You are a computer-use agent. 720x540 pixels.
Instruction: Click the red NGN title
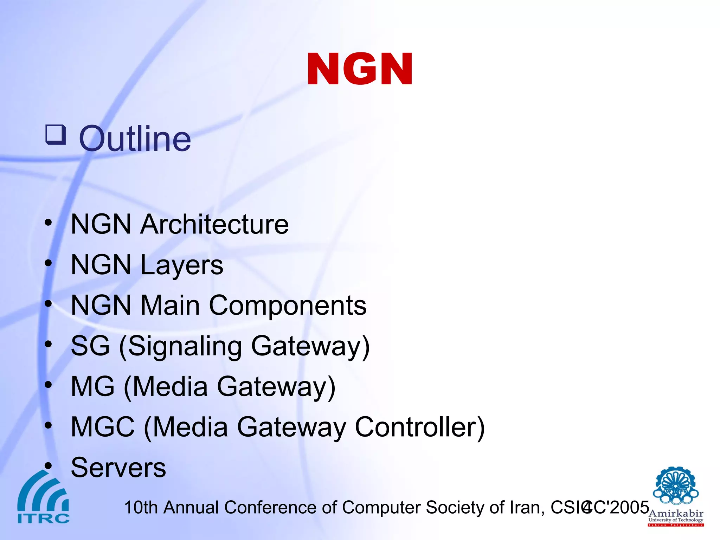360,69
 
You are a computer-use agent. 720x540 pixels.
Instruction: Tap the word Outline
135,139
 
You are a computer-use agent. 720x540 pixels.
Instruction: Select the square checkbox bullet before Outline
56,135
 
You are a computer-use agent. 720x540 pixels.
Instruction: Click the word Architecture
214,224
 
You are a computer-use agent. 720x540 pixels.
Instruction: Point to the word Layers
182,265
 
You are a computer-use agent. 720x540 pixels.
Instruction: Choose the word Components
288,306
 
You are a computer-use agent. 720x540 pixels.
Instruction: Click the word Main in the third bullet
170,306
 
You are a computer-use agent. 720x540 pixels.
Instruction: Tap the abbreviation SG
90,346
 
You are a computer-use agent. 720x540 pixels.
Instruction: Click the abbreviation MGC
103,427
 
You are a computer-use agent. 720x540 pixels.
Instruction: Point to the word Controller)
420,427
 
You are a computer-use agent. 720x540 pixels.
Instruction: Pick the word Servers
118,468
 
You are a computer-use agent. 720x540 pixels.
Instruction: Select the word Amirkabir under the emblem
676,514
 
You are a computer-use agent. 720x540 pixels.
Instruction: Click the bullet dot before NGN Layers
48,263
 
